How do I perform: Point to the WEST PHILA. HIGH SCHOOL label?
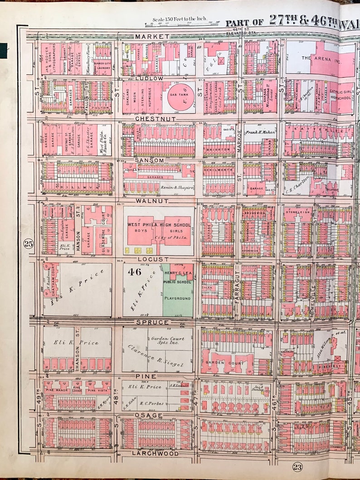coord(159,224)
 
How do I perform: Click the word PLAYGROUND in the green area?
coord(178,298)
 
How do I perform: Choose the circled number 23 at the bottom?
coord(297,467)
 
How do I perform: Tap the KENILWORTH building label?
coord(219,169)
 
